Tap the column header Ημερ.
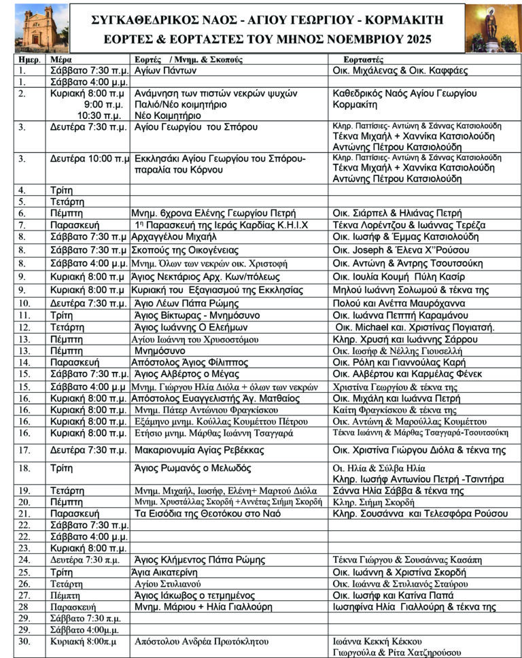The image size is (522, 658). coord(29,60)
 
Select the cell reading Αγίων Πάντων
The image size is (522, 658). coord(166,71)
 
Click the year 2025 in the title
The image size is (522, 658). coord(412,40)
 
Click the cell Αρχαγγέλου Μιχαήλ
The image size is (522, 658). coord(175,237)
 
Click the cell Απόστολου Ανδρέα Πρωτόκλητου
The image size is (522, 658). coord(197,641)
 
